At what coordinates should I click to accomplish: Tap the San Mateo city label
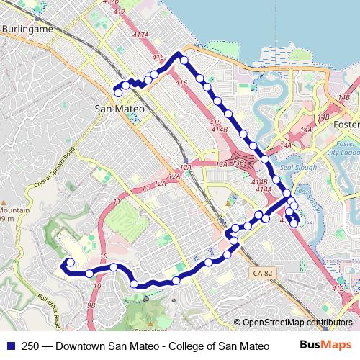120,109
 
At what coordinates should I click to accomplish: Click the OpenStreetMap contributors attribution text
297,323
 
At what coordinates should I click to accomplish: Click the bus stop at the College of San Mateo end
70,262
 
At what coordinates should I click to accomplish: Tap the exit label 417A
140,35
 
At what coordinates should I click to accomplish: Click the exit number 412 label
338,288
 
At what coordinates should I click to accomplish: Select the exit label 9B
90,305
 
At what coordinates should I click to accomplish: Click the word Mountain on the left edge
15,210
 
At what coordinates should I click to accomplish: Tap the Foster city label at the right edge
347,125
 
